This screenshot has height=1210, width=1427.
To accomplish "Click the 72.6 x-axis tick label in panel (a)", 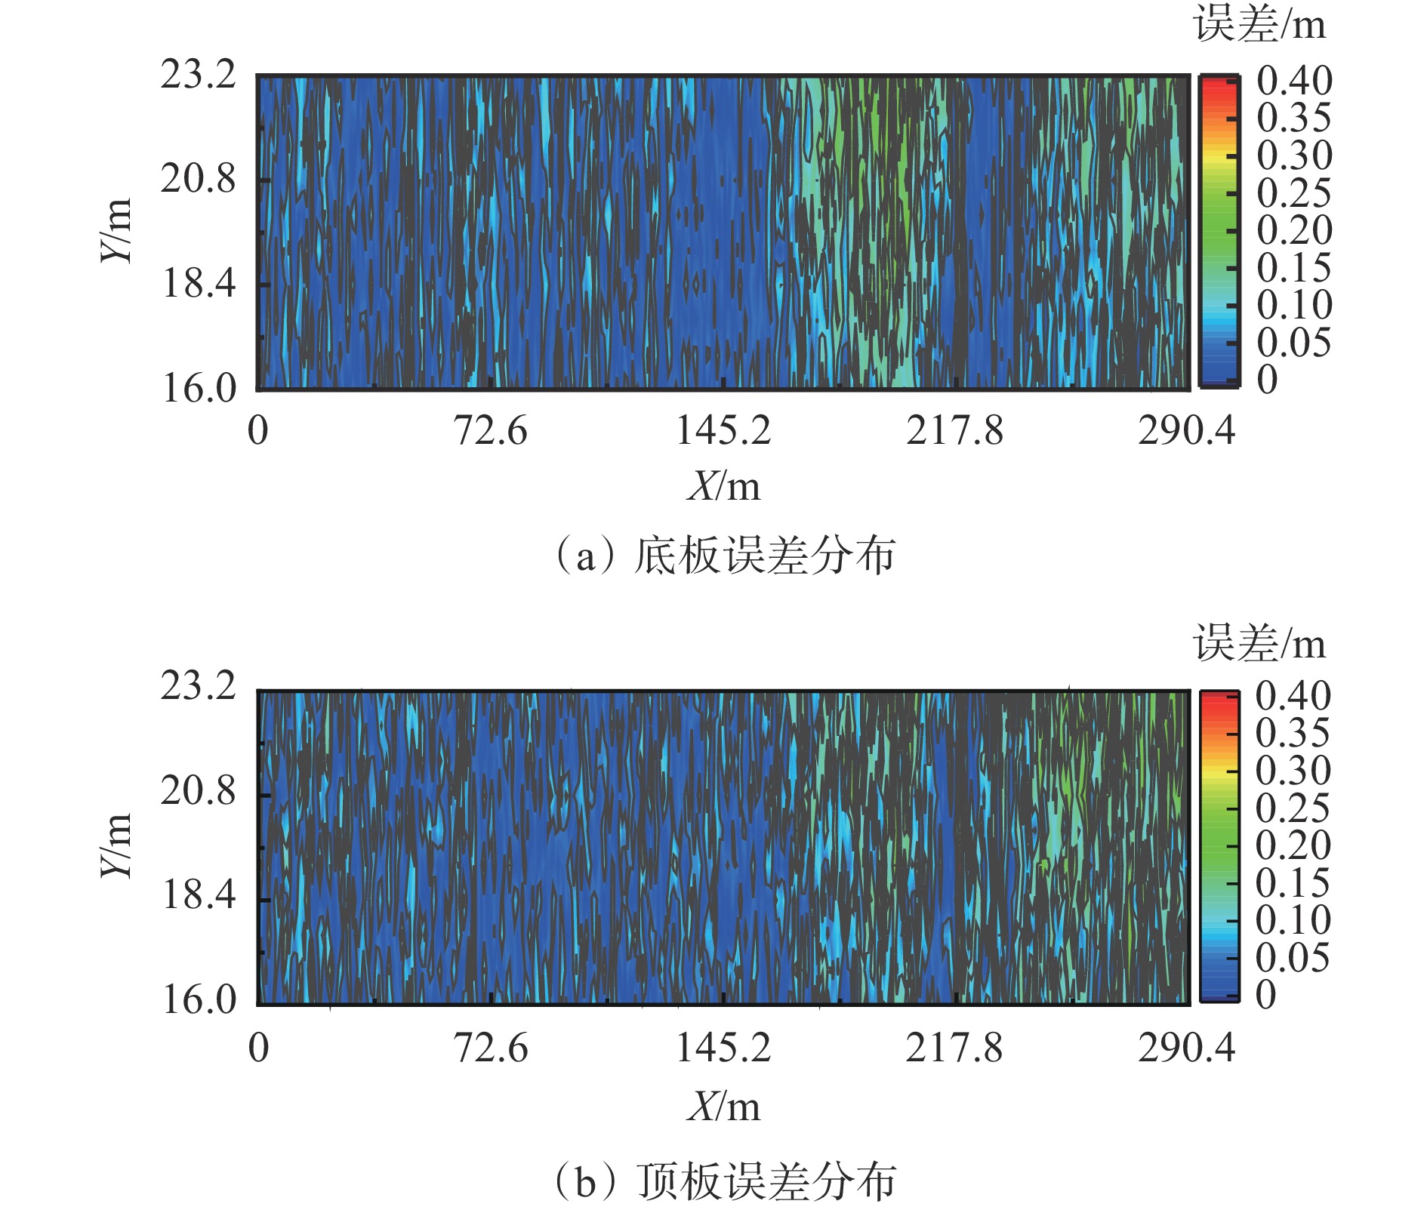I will pyautogui.click(x=490, y=431).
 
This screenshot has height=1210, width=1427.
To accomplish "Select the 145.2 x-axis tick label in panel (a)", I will pyautogui.click(x=723, y=431).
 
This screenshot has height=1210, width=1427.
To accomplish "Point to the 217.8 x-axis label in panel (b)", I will pyautogui.click(x=954, y=1048).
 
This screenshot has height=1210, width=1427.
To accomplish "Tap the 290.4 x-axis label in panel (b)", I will pyautogui.click(x=1186, y=1048).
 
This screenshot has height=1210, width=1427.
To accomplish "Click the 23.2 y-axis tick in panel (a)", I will pyautogui.click(x=198, y=75).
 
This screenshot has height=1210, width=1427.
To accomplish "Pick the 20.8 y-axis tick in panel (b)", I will pyautogui.click(x=198, y=791).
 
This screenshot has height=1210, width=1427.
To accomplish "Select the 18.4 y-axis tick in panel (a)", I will pyautogui.click(x=198, y=284).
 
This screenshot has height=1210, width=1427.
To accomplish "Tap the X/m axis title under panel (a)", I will pyautogui.click(x=723, y=486).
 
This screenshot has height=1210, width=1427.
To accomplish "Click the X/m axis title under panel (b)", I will pyautogui.click(x=723, y=1107).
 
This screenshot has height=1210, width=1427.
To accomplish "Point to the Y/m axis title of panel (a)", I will pyautogui.click(x=117, y=230).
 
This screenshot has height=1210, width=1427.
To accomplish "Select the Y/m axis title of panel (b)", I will pyautogui.click(x=117, y=845).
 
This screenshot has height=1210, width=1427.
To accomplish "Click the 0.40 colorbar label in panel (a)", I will pyautogui.click(x=1294, y=81).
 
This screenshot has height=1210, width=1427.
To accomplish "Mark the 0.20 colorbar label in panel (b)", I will pyautogui.click(x=1293, y=845).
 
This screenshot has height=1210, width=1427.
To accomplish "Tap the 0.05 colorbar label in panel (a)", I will pyautogui.click(x=1294, y=343).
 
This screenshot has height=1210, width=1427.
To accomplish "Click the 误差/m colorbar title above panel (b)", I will pyautogui.click(x=1259, y=643).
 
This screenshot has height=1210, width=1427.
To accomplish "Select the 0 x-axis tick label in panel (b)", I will pyautogui.click(x=258, y=1048).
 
